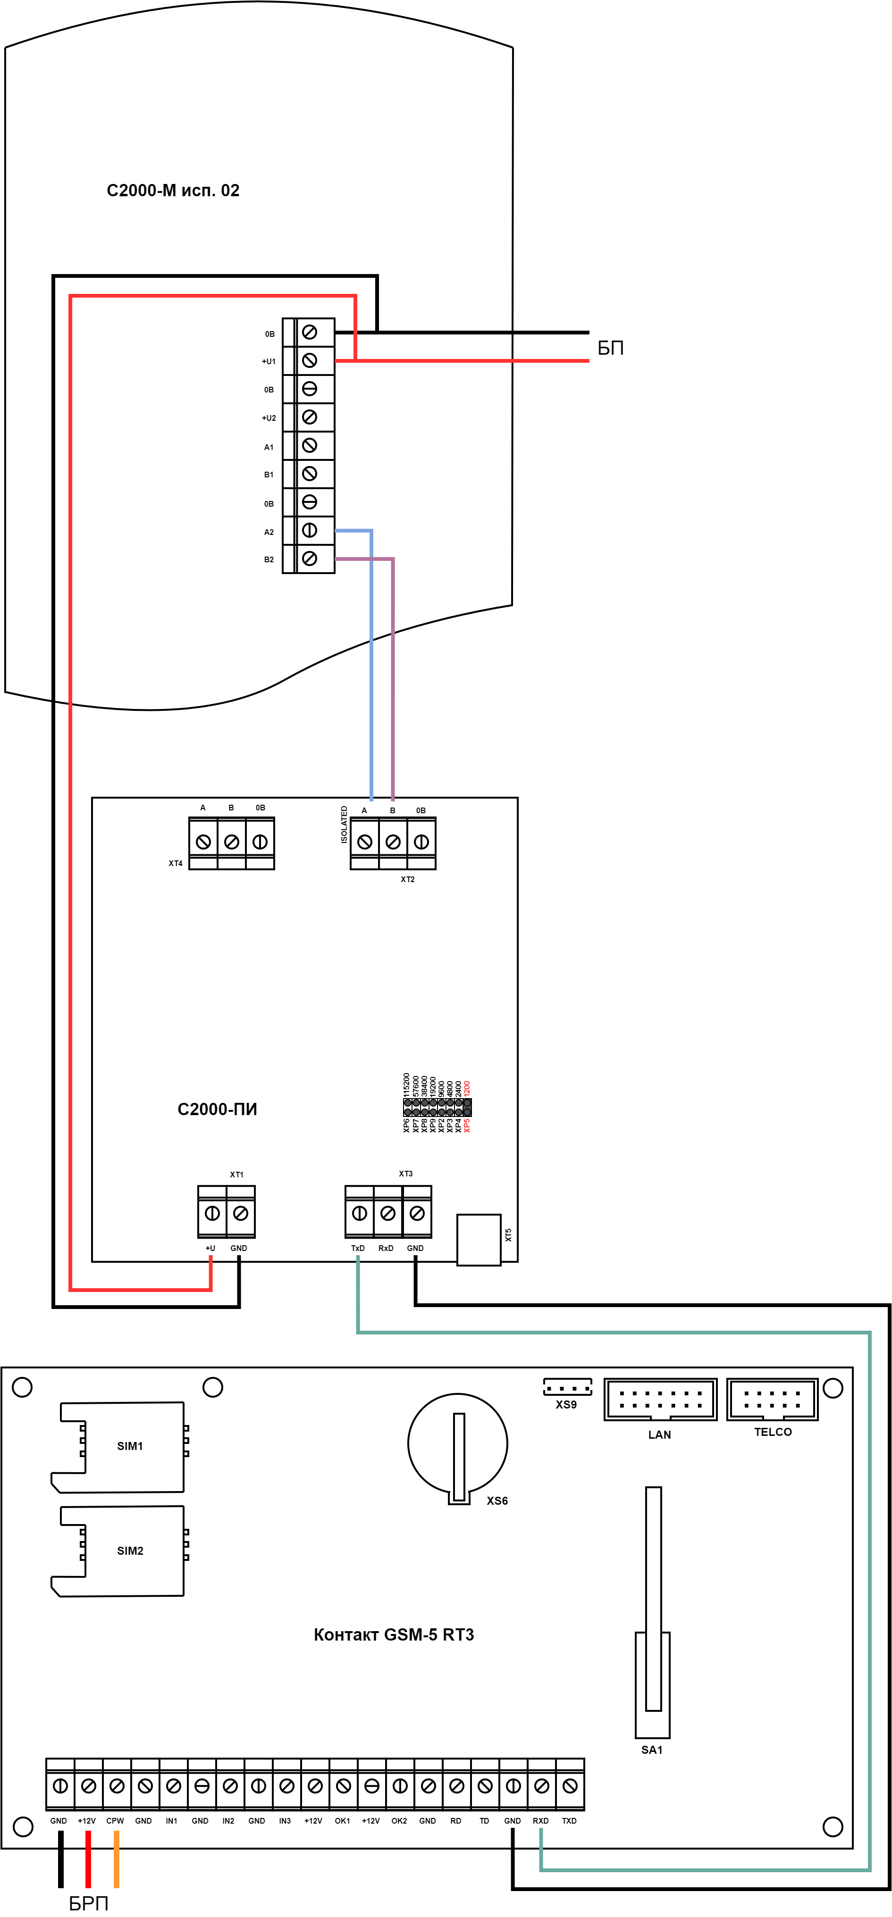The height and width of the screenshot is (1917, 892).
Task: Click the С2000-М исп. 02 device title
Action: pyautogui.click(x=173, y=191)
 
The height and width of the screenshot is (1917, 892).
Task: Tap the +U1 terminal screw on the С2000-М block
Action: pyautogui.click(x=310, y=361)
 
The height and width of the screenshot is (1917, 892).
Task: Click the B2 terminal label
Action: pyautogui.click(x=269, y=559)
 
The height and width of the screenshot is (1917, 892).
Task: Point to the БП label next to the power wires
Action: pyautogui.click(x=611, y=348)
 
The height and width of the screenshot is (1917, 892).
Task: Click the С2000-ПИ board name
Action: pyautogui.click(x=217, y=1109)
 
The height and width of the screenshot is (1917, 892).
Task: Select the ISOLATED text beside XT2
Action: pyautogui.click(x=344, y=825)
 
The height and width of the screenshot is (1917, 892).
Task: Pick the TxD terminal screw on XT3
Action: pyautogui.click(x=359, y=1214)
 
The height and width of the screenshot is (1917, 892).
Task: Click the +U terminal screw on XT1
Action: pyautogui.click(x=212, y=1214)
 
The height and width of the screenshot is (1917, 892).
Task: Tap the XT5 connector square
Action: pyautogui.click(x=479, y=1240)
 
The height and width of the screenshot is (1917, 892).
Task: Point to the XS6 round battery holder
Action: pyautogui.click(x=458, y=1444)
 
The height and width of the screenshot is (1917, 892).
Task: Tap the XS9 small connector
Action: pyautogui.click(x=567, y=1388)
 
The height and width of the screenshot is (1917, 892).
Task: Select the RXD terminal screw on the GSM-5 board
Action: pyautogui.click(x=541, y=1786)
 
